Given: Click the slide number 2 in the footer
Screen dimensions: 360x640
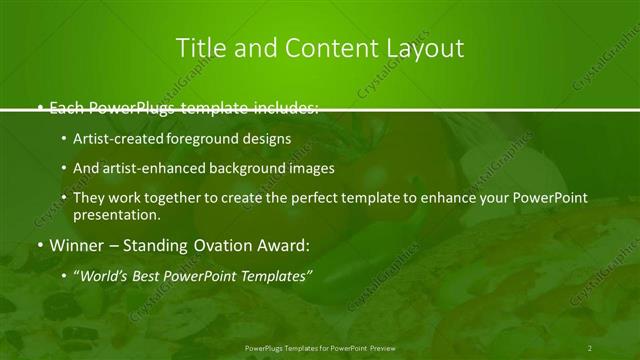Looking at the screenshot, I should [x=590, y=348].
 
